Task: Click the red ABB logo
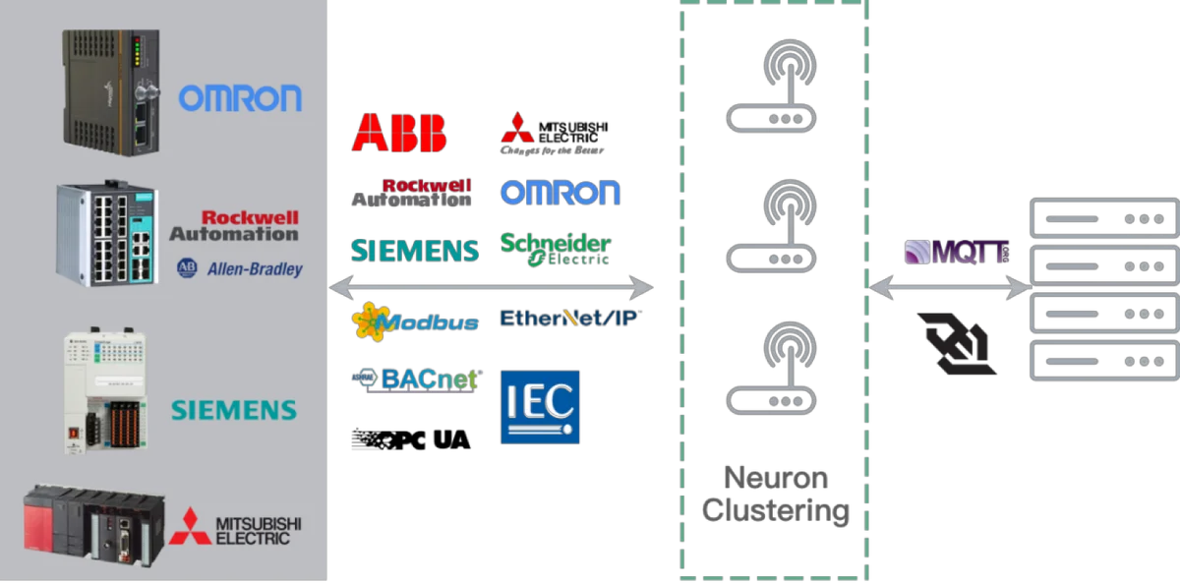pos(399,133)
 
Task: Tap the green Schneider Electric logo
pos(556,250)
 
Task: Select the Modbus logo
pos(416,321)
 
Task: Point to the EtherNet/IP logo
pos(568,318)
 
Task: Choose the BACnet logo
pos(416,379)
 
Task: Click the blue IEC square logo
pos(540,407)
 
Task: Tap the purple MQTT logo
pos(957,253)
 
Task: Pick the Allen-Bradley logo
pos(240,268)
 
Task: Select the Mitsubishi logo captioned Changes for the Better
pos(552,135)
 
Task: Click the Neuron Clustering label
pos(775,495)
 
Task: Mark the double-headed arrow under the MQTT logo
pos(950,288)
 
